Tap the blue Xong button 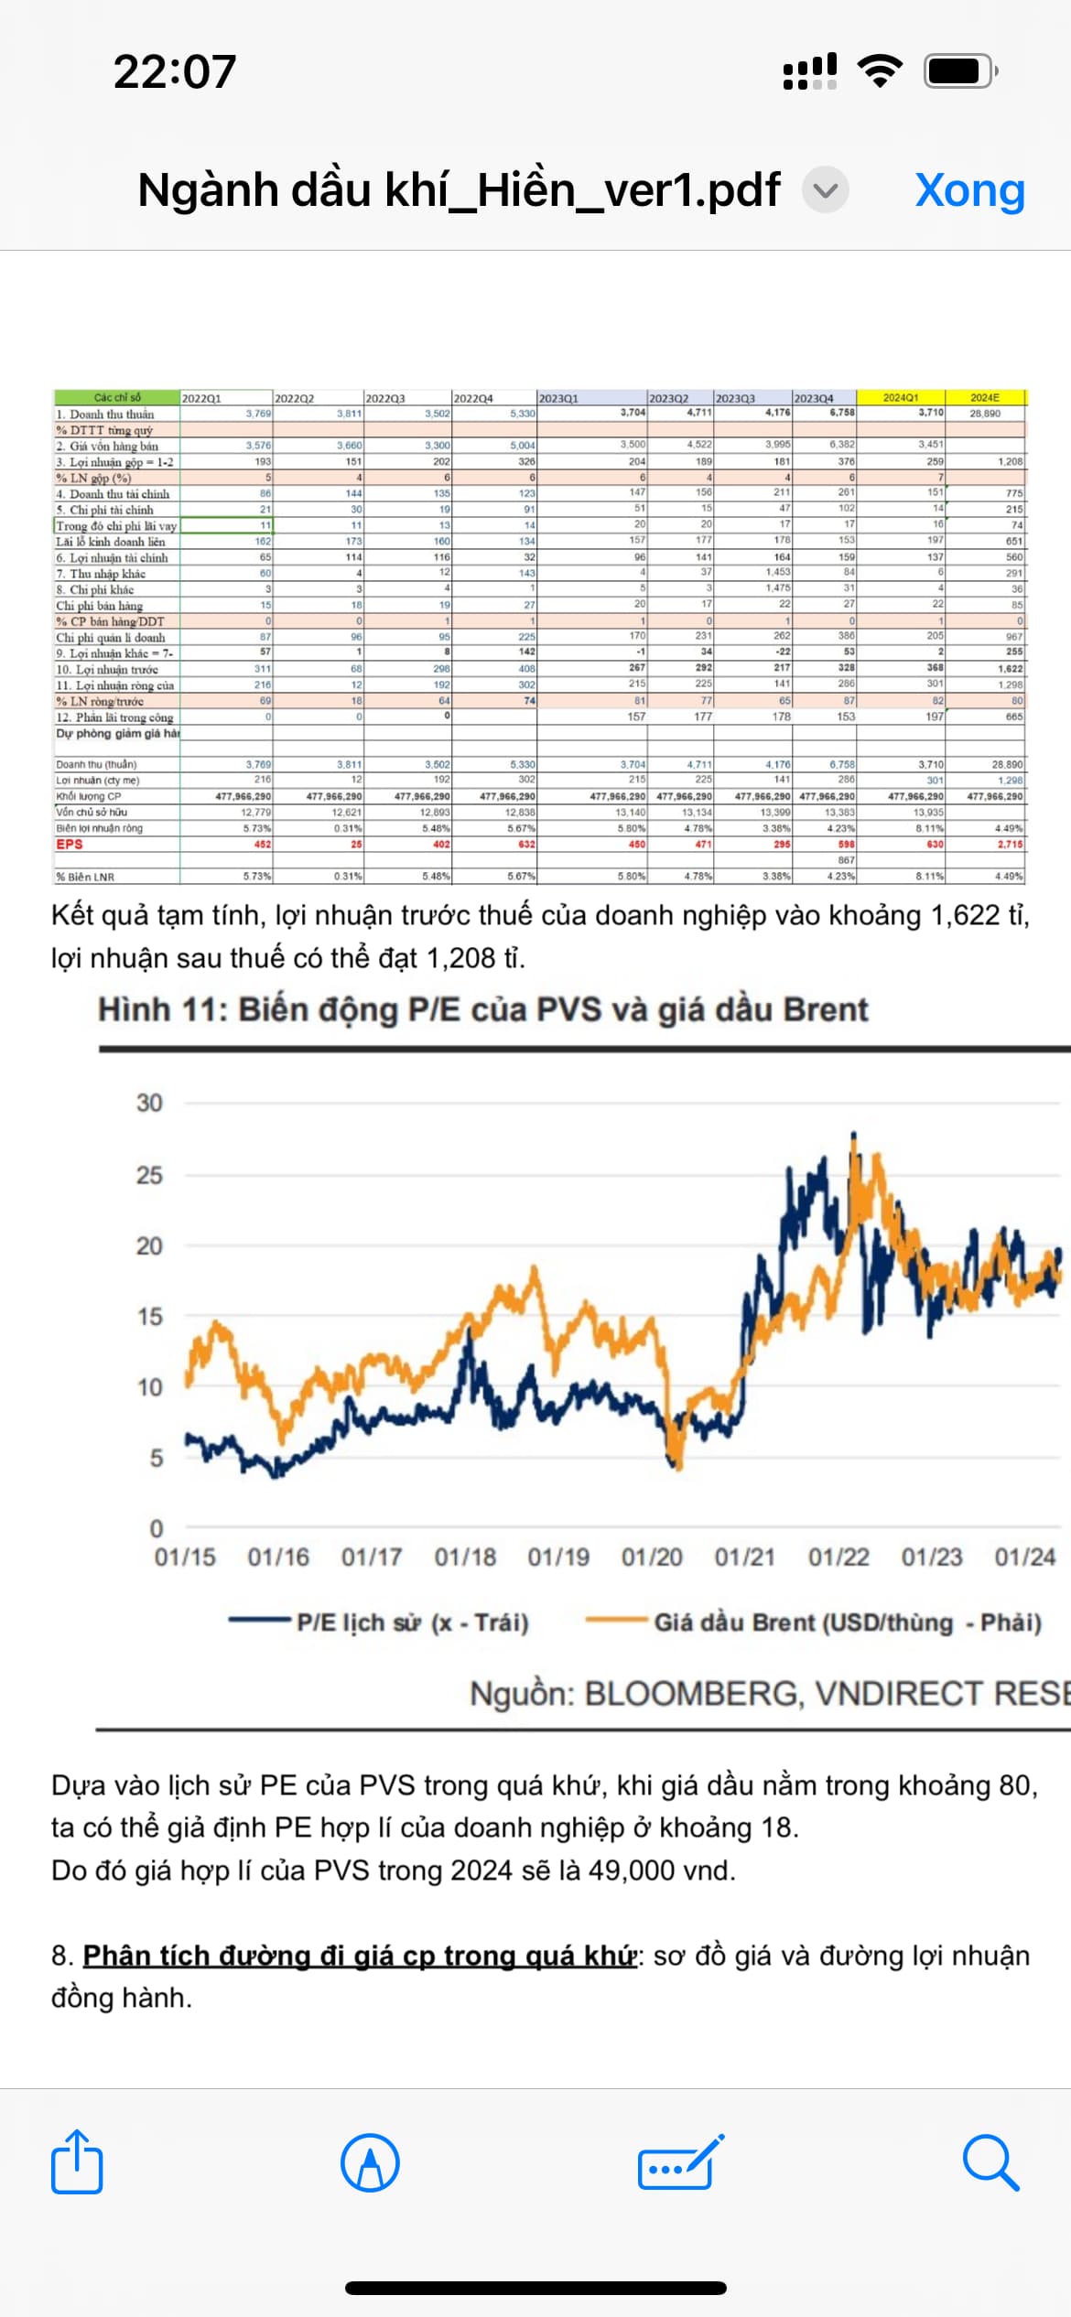(x=969, y=190)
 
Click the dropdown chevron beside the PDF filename (x=826, y=190)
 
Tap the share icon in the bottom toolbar (x=77, y=2162)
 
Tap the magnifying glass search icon (x=990, y=2163)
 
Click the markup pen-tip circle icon (x=370, y=2163)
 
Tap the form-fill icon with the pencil (x=680, y=2163)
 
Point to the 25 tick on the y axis (x=149, y=1175)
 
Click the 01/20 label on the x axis (x=652, y=1557)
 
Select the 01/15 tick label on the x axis (x=185, y=1557)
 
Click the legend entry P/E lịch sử (x=412, y=1622)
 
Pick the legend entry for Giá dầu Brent (x=847, y=1622)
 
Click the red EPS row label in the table (x=70, y=845)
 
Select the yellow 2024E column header (x=985, y=398)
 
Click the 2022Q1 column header (x=201, y=399)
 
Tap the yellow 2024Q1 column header (x=901, y=398)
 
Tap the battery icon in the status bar (x=958, y=70)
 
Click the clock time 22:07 (x=175, y=71)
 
